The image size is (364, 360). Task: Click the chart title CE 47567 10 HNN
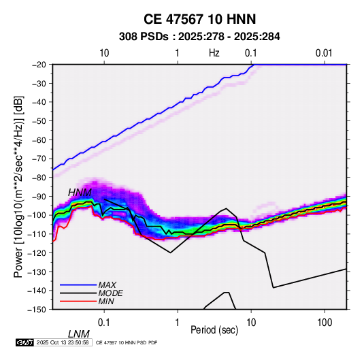tap(199, 19)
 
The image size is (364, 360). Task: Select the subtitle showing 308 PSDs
tap(199, 37)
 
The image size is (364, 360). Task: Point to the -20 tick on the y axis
tap(39, 65)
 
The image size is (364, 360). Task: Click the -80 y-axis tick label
tap(39, 178)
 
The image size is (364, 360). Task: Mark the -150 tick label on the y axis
tap(37, 310)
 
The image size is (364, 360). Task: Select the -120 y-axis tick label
tap(37, 252)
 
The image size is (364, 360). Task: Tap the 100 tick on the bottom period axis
tap(325, 323)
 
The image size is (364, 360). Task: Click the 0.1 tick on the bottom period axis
tap(104, 323)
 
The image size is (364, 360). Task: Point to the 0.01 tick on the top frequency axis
tap(324, 53)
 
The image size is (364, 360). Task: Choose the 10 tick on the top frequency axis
tap(104, 53)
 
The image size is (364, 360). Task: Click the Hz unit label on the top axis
tap(214, 53)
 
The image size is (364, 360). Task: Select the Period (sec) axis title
tap(214, 330)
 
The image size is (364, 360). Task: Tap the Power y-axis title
tap(18, 186)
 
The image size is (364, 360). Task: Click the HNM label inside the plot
tap(80, 193)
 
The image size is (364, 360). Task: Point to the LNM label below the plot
tap(79, 334)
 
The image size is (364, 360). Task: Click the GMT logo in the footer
tap(25, 342)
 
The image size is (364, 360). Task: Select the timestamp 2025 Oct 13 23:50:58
tap(63, 342)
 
